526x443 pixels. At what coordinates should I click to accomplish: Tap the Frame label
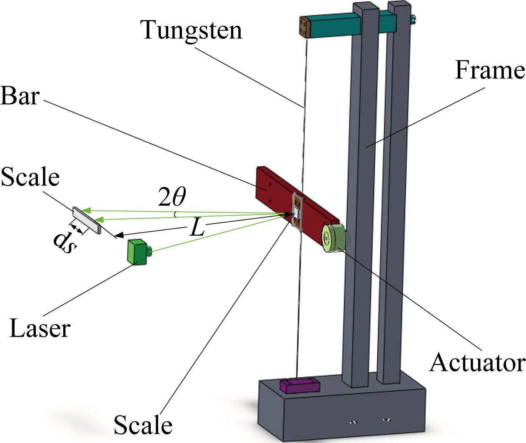pyautogui.click(x=489, y=70)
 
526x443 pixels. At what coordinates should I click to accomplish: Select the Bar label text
pyautogui.click(x=20, y=96)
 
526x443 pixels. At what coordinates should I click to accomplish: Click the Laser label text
pyautogui.click(x=40, y=328)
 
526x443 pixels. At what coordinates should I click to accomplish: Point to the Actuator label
pyautogui.click(x=477, y=362)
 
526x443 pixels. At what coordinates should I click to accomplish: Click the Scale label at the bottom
pyautogui.click(x=143, y=425)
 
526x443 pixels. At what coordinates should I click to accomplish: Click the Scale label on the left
pyautogui.click(x=30, y=177)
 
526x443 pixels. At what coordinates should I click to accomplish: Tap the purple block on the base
pyautogui.click(x=299, y=385)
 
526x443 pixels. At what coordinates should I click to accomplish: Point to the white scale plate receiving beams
pyautogui.click(x=87, y=220)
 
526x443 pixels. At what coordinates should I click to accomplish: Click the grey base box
pyautogui.click(x=342, y=413)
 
